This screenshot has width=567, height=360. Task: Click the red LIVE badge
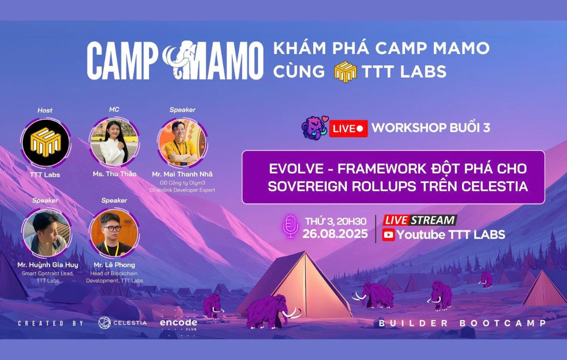(348, 128)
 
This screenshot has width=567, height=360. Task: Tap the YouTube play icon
(388, 235)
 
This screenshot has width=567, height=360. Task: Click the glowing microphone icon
(290, 226)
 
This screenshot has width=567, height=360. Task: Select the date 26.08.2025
(335, 234)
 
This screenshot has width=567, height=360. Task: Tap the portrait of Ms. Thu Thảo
(114, 142)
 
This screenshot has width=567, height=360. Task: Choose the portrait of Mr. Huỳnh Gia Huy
(46, 233)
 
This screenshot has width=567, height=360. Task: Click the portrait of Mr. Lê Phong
(114, 233)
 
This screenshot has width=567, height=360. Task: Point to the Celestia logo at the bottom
(122, 323)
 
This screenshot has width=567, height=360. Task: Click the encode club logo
(178, 323)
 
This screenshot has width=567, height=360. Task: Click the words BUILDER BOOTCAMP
(462, 323)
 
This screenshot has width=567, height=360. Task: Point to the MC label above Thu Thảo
(114, 109)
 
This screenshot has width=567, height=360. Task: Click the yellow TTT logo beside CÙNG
(345, 72)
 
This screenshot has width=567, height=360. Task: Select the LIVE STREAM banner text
(419, 220)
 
